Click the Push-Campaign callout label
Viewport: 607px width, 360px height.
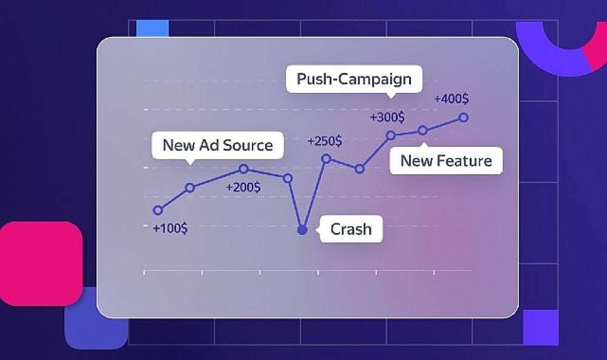pos(354,79)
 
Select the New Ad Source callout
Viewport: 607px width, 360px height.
pos(217,145)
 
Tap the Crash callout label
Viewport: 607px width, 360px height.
pos(351,229)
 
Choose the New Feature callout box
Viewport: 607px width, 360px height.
pos(446,161)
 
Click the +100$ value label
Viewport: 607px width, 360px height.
pos(171,228)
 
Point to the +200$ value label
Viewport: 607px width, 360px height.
pos(243,188)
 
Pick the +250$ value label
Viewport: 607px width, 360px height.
pos(324,141)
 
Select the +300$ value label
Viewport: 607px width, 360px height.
pos(387,117)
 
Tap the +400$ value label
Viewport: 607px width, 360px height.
pos(452,99)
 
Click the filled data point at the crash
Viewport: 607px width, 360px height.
pos(302,230)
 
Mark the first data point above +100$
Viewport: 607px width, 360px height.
pos(158,210)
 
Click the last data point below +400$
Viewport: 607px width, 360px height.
pos(463,117)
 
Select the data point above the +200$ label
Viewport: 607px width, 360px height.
pos(243,168)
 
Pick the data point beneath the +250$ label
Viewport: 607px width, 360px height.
pos(327,158)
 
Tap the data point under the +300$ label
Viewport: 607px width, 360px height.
pos(391,135)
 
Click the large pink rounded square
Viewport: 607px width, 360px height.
pos(41,263)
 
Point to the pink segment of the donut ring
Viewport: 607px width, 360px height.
pos(596,47)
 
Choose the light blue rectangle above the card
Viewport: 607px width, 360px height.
pos(152,29)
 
